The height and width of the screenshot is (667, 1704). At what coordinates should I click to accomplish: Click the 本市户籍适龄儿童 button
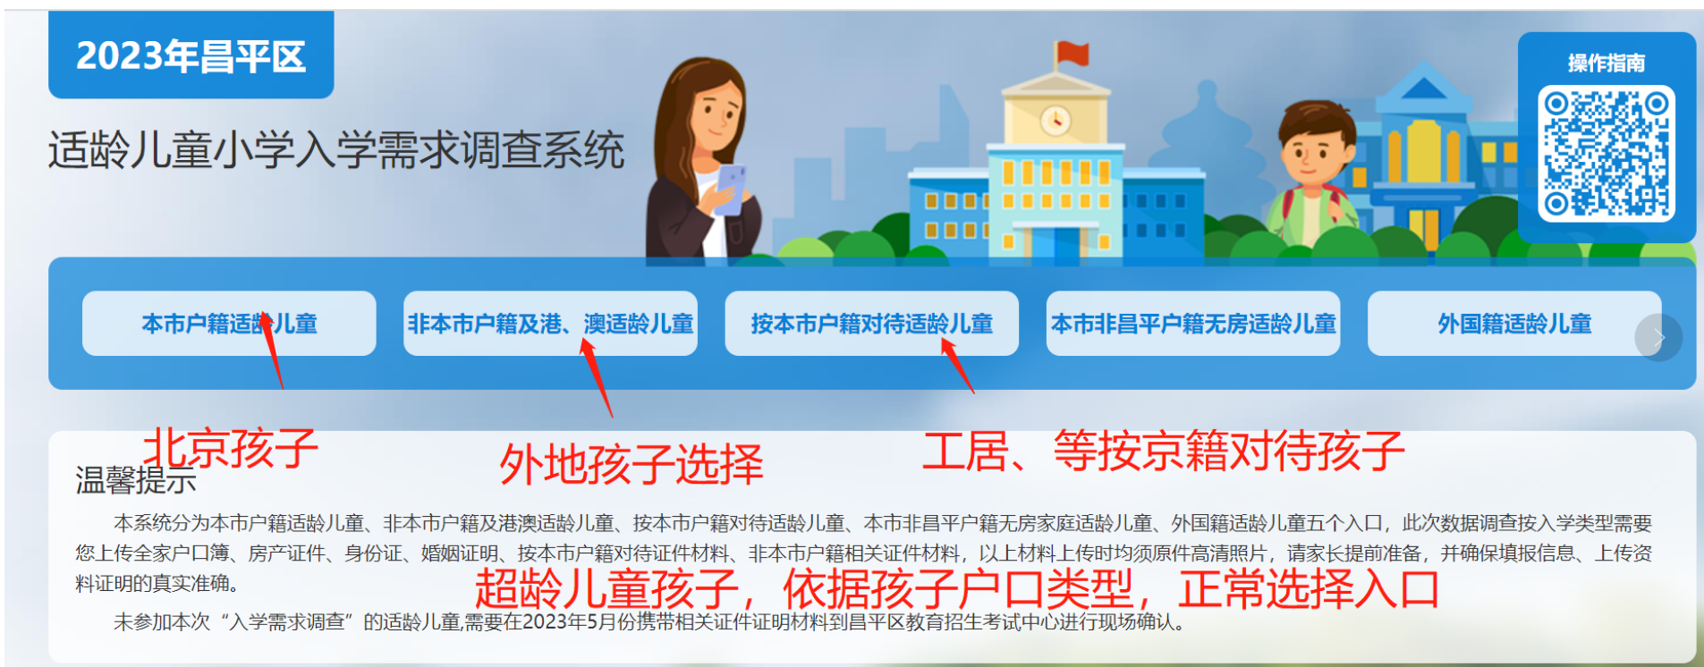pyautogui.click(x=229, y=324)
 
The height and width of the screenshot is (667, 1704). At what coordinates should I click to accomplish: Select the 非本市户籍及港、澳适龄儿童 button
pyautogui.click(x=550, y=324)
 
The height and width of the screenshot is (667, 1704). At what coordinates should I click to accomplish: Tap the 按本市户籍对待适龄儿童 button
pyautogui.click(x=872, y=324)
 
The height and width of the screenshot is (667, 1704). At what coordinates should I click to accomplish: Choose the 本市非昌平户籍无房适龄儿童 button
pyautogui.click(x=1193, y=324)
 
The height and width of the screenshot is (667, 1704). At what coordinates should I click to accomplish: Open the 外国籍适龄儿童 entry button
pyautogui.click(x=1513, y=324)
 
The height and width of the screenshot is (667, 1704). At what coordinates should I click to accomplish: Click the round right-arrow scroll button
pyautogui.click(x=1658, y=338)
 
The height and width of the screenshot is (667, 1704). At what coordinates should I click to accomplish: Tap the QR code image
pyautogui.click(x=1607, y=154)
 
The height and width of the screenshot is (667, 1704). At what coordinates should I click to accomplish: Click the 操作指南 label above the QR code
pyautogui.click(x=1607, y=63)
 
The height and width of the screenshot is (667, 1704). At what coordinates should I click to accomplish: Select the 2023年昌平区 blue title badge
pyautogui.click(x=191, y=55)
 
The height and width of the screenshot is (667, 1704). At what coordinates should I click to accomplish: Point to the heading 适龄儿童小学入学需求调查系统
pyautogui.click(x=336, y=149)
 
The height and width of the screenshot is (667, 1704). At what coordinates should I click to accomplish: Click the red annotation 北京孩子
pyautogui.click(x=231, y=447)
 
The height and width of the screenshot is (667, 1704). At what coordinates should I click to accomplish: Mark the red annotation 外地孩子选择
pyautogui.click(x=632, y=464)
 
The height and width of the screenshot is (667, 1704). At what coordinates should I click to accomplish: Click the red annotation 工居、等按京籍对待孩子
pyautogui.click(x=1164, y=450)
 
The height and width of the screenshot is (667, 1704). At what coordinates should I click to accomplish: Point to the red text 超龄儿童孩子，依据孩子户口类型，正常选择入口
pyautogui.click(x=956, y=589)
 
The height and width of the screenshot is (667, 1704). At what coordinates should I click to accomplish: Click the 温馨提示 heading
pyautogui.click(x=136, y=480)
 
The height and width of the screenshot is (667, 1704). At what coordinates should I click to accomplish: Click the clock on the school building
pyautogui.click(x=1055, y=120)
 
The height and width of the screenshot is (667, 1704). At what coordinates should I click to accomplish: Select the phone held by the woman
pyautogui.click(x=732, y=189)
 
